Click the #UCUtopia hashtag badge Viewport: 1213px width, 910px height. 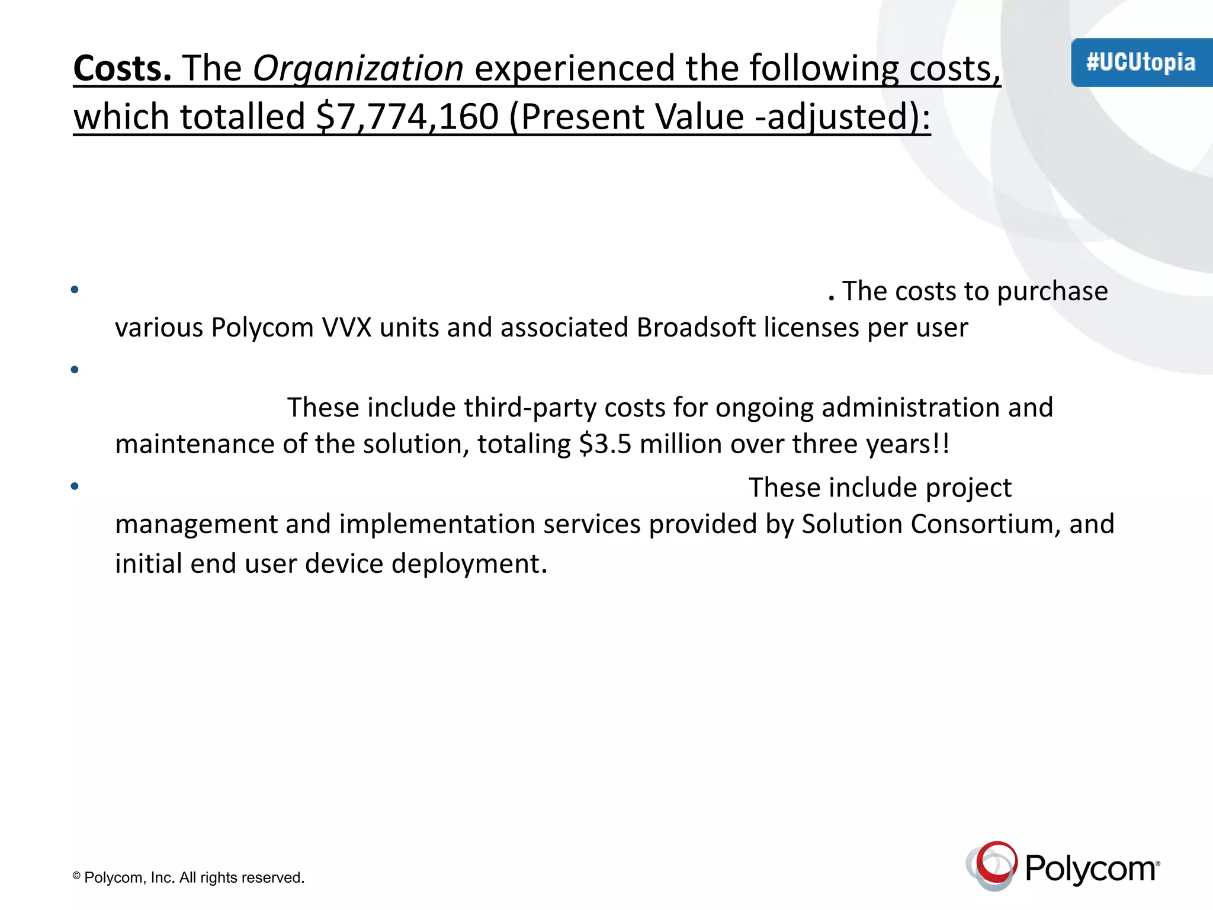1141,62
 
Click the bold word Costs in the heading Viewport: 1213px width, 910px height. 122,68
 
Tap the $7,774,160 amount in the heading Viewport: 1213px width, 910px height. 407,117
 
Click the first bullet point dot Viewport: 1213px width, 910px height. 75,290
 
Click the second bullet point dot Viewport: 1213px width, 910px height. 75,370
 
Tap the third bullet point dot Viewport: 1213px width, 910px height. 75,486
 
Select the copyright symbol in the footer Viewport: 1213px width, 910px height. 76,876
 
